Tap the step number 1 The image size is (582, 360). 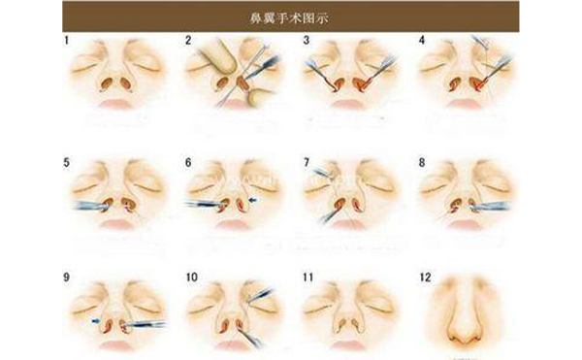pyautogui.click(x=66, y=41)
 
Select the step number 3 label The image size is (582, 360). pyautogui.click(x=306, y=41)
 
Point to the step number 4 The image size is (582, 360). pyautogui.click(x=422, y=41)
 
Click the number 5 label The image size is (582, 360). pyautogui.click(x=66, y=163)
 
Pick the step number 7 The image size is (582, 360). pyautogui.click(x=306, y=163)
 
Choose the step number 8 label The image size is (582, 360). pyautogui.click(x=422, y=163)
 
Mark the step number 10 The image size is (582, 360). pyautogui.click(x=191, y=277)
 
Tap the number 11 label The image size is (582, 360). pyautogui.click(x=307, y=277)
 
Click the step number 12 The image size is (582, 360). pyautogui.click(x=425, y=277)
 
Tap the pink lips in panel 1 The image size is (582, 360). pyautogui.click(x=117, y=102)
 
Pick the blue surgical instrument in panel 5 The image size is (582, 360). pyautogui.click(x=92, y=206)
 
